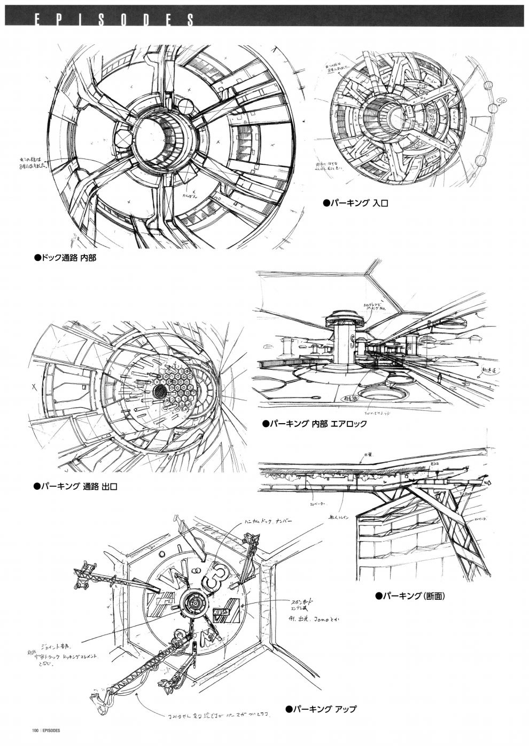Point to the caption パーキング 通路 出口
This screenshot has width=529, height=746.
point(75,486)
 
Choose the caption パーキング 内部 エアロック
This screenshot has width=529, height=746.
point(315,424)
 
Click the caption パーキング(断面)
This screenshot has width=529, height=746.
point(410,596)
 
